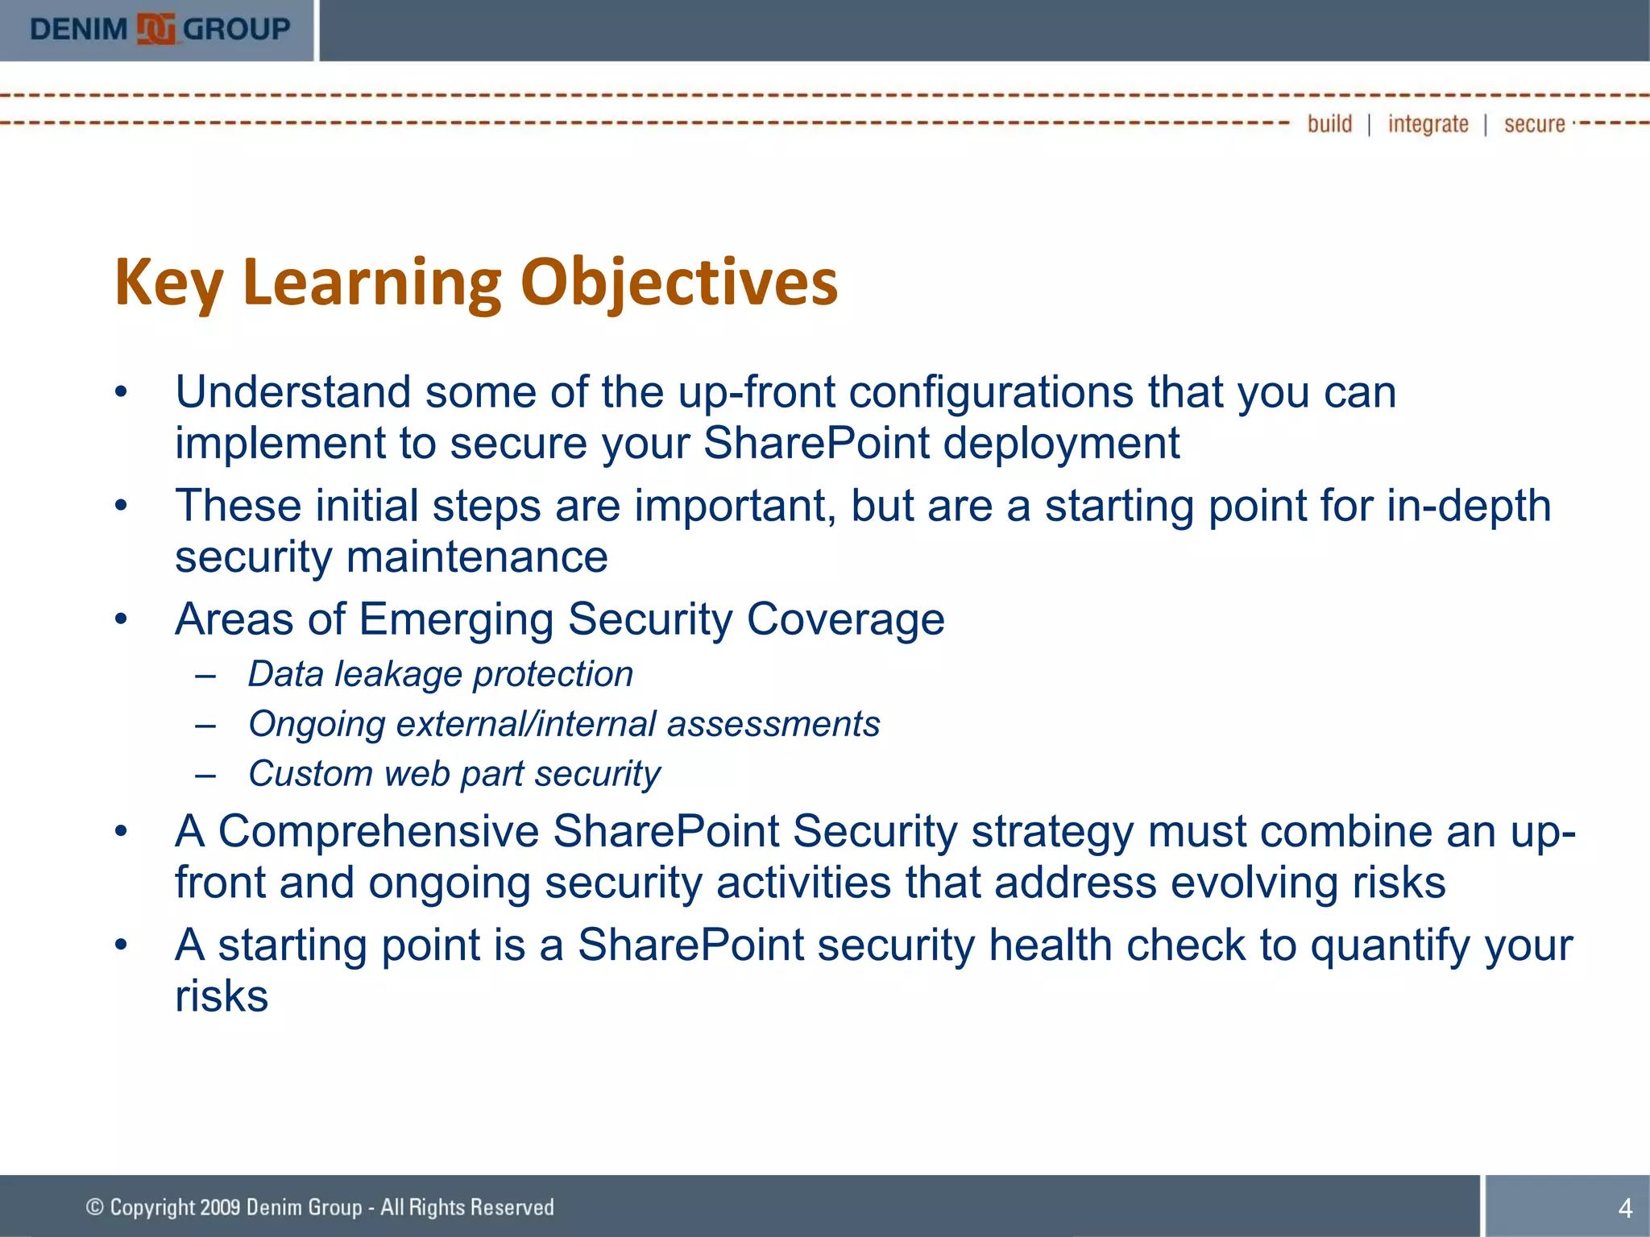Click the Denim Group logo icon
pos(155,30)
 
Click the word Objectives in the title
pos(679,283)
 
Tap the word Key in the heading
pos(168,283)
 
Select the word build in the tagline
pos(1329,124)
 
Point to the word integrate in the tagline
pos(1428,124)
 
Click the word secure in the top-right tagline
pos(1534,124)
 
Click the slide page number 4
pos(1625,1208)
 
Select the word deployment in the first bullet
pos(1061,444)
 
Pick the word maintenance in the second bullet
pos(477,557)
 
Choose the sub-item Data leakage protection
pos(440,674)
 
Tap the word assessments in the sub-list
pos(773,724)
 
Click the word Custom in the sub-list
pos(309,774)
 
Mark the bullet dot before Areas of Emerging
pos(121,620)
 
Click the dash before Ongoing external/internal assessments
pos(205,725)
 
